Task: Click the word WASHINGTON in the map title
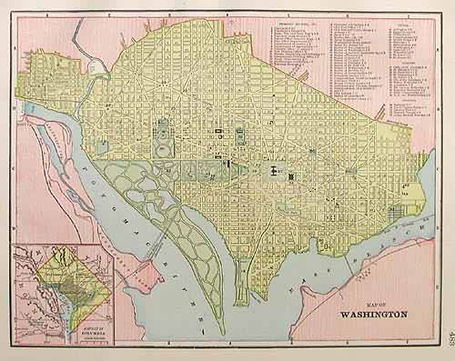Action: pyautogui.click(x=373, y=319)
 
